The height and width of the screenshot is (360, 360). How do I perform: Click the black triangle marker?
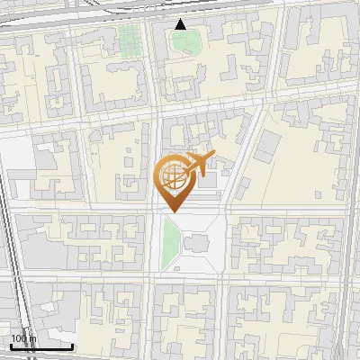pyautogui.click(x=181, y=24)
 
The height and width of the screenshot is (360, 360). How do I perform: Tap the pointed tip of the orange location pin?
pyautogui.click(x=174, y=211)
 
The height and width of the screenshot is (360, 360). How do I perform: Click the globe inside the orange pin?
pyautogui.click(x=172, y=176)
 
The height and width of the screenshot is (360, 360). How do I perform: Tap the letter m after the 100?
pyautogui.click(x=32, y=339)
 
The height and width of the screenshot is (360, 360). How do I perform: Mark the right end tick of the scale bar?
pyautogui.click(x=72, y=345)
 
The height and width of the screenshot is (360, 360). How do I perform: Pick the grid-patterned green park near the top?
pyautogui.click(x=130, y=38)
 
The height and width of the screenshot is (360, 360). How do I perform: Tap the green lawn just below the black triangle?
pyautogui.click(x=187, y=41)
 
